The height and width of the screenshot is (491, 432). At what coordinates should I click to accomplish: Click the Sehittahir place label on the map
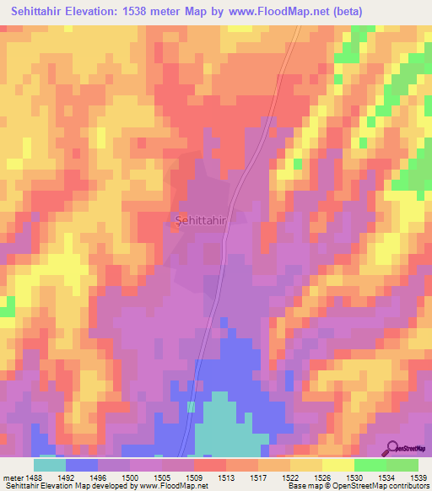[201, 220]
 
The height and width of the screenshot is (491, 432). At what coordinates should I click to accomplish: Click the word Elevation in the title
[100, 11]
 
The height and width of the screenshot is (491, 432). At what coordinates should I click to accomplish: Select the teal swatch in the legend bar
[49, 464]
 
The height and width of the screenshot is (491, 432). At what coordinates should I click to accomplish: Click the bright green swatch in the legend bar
[370, 464]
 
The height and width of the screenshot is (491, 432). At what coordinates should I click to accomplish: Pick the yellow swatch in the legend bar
[338, 464]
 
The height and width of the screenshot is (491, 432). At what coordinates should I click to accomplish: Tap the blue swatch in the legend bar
[81, 464]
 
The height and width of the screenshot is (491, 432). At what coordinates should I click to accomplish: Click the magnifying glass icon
[393, 448]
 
